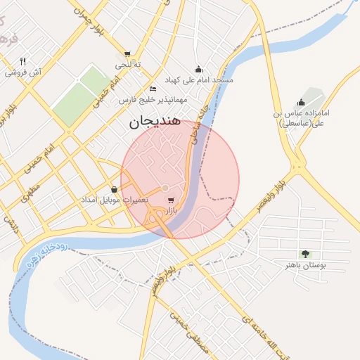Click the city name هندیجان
[x=155, y=121]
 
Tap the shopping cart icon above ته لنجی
[x=127, y=53]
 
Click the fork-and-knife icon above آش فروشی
[x=23, y=61]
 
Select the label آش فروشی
[x=25, y=72]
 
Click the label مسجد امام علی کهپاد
[x=200, y=80]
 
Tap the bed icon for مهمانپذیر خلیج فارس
[x=153, y=89]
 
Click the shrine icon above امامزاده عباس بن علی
[x=302, y=102]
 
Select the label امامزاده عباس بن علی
[x=301, y=118]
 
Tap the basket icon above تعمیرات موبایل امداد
[x=115, y=188]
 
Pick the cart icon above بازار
[x=172, y=200]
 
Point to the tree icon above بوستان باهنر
[x=305, y=253]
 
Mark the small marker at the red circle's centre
[x=165, y=187]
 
